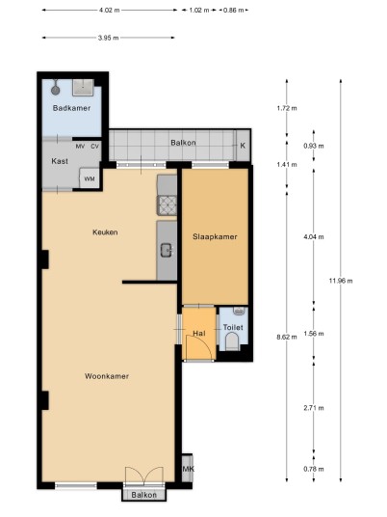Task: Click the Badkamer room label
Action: [71, 108]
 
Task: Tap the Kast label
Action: [60, 161]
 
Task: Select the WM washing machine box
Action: [90, 178]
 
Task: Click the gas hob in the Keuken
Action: [168, 205]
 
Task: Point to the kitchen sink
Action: [167, 250]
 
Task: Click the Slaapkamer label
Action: [215, 236]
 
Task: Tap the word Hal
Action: [199, 333]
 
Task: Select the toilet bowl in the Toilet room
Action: [232, 340]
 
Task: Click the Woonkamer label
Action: [107, 376]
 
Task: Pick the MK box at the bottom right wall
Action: [188, 468]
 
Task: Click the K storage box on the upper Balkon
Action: [243, 146]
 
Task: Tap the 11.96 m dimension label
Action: [341, 281]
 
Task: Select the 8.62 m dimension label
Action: [287, 337]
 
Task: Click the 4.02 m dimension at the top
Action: [110, 10]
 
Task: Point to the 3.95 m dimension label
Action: [108, 38]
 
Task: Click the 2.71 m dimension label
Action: [314, 408]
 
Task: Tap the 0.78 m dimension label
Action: [314, 469]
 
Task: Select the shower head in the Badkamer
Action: [55, 90]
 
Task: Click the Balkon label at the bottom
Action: [143, 495]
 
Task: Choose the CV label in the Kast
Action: [94, 146]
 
